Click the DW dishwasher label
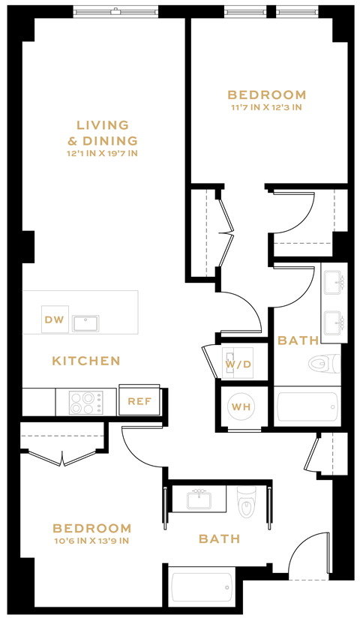click(x=55, y=320)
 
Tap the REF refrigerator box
click(x=139, y=401)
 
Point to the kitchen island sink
click(x=85, y=323)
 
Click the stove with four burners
click(x=86, y=403)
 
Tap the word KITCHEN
click(x=86, y=361)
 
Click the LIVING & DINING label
click(x=103, y=133)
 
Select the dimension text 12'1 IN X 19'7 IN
click(x=103, y=154)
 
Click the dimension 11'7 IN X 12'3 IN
click(x=266, y=107)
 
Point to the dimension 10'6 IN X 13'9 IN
click(x=93, y=541)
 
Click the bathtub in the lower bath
click(x=202, y=588)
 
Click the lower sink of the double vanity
click(x=334, y=323)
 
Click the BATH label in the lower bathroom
click(x=219, y=539)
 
